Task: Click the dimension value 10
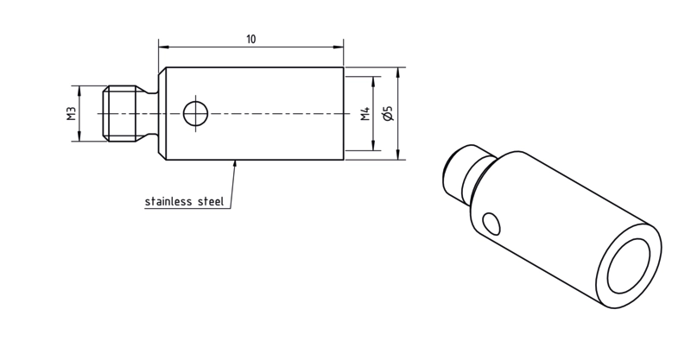(250, 39)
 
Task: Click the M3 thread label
(72, 114)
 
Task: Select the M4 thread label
(365, 114)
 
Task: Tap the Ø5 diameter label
(388, 114)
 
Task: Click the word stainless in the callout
(168, 202)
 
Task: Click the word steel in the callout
(211, 202)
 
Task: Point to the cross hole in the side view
(196, 113)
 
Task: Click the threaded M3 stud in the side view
(119, 114)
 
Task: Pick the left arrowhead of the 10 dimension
(163, 47)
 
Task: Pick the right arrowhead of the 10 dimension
(339, 47)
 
